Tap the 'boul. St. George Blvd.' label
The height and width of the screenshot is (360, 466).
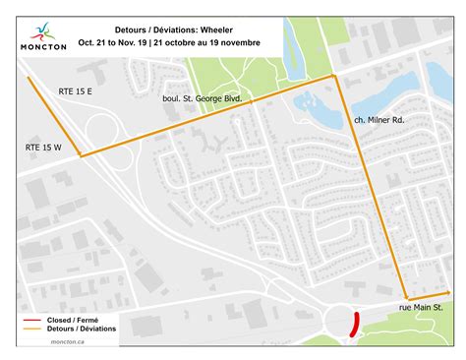(x=204, y=99)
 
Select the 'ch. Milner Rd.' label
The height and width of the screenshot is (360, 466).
(x=381, y=119)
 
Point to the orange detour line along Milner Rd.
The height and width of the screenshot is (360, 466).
(x=371, y=187)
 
